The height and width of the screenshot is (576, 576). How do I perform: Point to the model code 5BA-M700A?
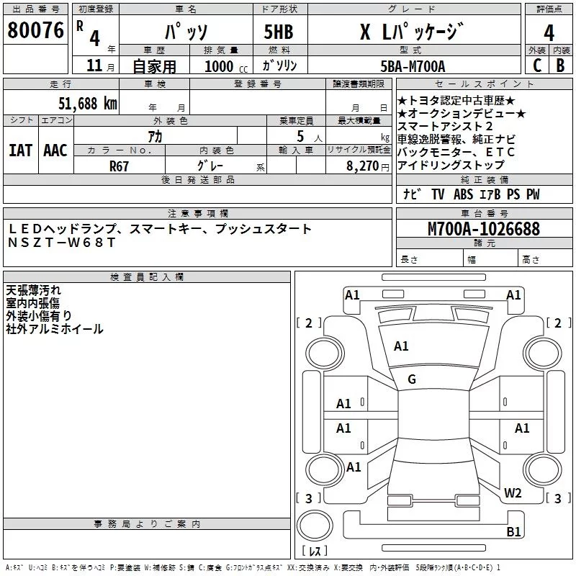point(412,66)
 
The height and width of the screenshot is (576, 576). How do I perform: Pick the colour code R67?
point(120,165)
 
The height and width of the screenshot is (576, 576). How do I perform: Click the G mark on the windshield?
point(412,379)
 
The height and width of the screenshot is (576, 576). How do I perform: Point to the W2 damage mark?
point(513,493)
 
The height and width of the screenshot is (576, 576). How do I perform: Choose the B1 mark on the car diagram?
point(513,531)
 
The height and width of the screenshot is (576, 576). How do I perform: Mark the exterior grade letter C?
point(536,66)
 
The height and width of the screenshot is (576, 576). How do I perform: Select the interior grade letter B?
point(560,66)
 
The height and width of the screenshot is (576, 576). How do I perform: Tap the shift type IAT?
point(20,150)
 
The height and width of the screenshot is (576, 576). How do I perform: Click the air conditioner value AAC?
point(55,150)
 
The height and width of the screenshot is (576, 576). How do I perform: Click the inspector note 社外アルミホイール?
point(55,329)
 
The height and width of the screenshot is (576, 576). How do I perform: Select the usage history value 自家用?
point(154,66)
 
